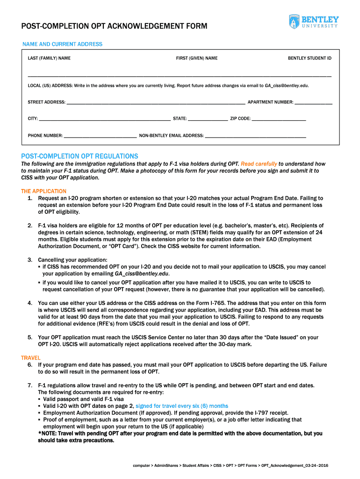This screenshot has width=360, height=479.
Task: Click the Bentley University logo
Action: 313,22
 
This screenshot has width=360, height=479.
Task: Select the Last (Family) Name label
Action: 49,58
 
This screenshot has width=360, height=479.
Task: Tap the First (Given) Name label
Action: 196,58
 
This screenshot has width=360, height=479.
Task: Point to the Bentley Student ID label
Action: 310,58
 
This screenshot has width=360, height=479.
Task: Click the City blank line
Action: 105,120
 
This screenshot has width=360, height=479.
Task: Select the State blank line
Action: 208,120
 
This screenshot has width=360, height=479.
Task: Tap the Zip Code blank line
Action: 279,120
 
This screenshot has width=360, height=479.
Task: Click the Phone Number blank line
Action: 100,137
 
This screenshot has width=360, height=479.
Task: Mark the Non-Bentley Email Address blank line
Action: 256,137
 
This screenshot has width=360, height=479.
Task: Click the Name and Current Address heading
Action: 62,44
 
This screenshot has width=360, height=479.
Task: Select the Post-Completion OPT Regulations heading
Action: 79,156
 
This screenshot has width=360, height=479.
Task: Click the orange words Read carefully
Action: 259,164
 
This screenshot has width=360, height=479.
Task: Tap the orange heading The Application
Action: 43,191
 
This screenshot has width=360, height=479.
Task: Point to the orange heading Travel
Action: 30,358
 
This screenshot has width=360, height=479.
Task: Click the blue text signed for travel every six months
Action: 182,406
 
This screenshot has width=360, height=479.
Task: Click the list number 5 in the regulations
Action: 29,337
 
